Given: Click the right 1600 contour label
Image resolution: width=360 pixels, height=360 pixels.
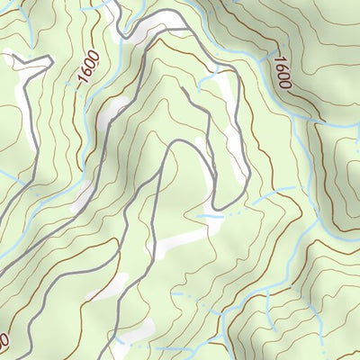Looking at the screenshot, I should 282,72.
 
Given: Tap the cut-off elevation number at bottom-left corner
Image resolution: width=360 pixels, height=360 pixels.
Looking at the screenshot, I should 4,343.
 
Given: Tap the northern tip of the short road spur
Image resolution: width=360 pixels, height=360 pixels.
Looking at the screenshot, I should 184,88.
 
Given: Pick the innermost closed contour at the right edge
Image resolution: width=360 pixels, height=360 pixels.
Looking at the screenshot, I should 351,171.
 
